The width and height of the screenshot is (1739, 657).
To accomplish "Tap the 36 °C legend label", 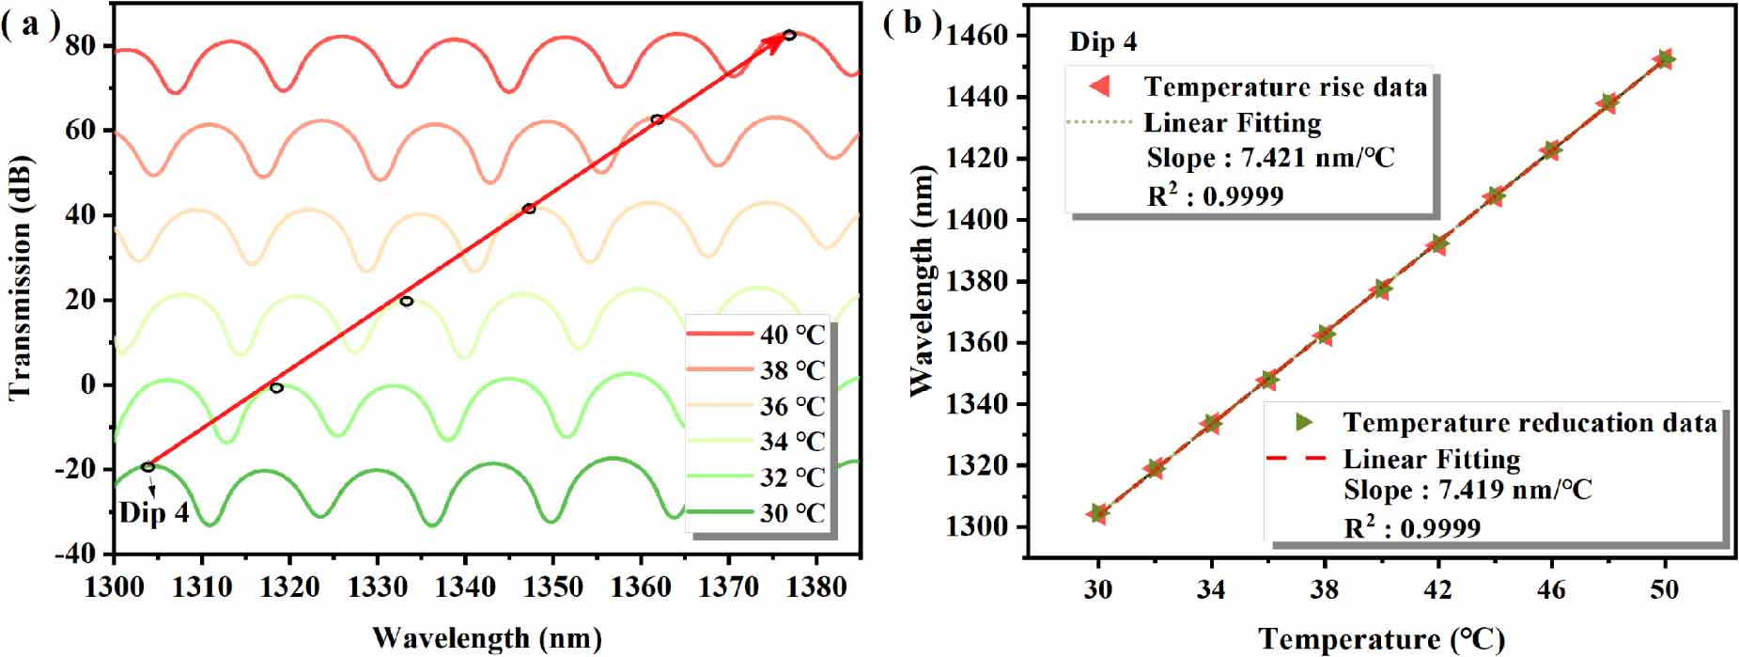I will pos(792,406).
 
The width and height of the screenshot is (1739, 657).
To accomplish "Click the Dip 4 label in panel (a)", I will pos(154,513).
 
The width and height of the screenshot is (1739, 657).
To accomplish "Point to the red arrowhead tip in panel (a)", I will pos(784,36).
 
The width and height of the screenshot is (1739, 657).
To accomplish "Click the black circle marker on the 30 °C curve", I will pos(148,467).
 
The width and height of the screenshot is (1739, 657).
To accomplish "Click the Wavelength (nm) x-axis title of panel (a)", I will pos(487,638).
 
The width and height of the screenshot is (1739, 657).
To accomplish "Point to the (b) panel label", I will pos(910,22).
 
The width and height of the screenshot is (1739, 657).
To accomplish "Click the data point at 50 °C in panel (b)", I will pos(1665,59).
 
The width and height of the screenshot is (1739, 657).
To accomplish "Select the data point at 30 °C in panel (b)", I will pos(1098,513).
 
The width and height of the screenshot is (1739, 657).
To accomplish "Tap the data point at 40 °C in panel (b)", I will pos(1381,289).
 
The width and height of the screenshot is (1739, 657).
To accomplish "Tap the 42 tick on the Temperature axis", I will pos(1437,589).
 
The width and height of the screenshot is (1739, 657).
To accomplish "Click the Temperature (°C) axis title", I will pos(1381,639).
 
